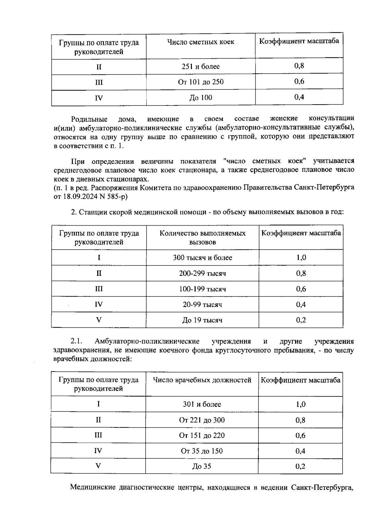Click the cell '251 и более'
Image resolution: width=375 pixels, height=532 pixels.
(201, 66)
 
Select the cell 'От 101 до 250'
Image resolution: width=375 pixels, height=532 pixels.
(201, 82)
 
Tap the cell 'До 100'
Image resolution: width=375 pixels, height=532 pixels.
(201, 98)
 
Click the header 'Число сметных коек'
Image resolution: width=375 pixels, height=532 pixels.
(201, 42)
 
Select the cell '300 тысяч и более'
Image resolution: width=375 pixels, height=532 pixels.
(202, 258)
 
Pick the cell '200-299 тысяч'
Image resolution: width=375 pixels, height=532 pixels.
(202, 273)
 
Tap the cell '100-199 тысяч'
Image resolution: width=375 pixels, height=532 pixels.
(202, 289)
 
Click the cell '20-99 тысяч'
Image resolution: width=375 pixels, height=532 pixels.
(202, 305)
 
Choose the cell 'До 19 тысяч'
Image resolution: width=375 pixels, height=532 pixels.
(202, 320)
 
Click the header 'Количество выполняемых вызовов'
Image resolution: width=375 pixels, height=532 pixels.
(202, 237)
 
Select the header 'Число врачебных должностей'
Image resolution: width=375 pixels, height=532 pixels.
(202, 380)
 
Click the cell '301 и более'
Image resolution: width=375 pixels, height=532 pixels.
(202, 404)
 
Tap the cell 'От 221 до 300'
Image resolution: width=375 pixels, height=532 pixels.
(202, 420)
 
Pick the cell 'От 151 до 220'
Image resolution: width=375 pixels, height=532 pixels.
(202, 435)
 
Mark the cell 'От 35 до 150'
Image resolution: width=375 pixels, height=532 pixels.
(202, 451)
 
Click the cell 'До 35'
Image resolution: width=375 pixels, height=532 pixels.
(202, 466)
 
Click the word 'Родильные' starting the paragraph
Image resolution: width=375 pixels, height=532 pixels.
(89, 119)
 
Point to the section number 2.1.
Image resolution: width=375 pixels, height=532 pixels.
(77, 341)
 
